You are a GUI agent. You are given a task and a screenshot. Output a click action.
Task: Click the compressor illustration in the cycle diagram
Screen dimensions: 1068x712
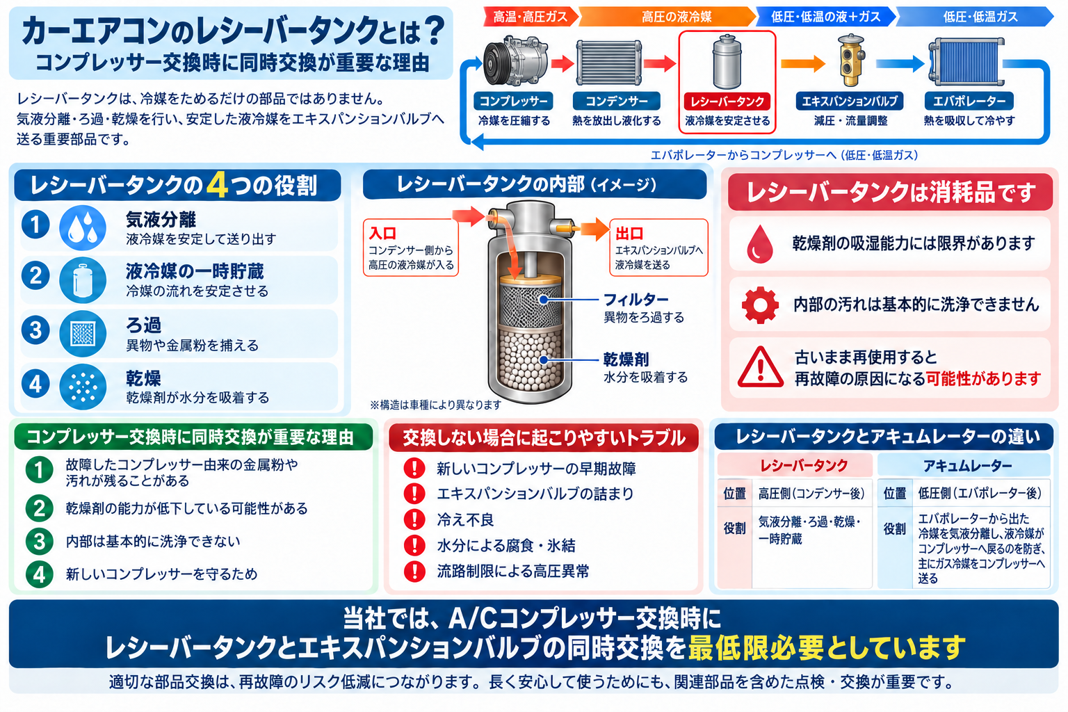(x=515, y=62)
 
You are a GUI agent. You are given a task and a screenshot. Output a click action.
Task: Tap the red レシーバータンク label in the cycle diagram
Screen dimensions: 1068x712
(x=727, y=101)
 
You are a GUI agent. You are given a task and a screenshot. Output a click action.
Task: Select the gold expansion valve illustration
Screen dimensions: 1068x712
(x=851, y=60)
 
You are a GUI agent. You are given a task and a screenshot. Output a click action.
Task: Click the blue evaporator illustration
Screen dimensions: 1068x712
(x=966, y=62)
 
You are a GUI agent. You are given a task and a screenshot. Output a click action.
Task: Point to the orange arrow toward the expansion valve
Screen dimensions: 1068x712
(x=803, y=63)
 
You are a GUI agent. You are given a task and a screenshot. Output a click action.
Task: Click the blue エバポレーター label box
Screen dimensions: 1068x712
(x=969, y=101)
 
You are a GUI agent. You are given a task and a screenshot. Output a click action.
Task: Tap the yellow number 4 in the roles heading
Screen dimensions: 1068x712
(x=217, y=185)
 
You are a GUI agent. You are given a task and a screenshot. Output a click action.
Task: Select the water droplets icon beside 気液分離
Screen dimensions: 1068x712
(x=83, y=227)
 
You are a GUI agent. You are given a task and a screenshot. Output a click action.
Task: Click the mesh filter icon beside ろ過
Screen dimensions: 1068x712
(x=83, y=333)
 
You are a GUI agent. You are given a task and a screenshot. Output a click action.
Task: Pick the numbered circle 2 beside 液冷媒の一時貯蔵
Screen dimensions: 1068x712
(x=35, y=276)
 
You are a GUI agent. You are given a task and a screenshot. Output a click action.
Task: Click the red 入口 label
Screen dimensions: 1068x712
(x=382, y=233)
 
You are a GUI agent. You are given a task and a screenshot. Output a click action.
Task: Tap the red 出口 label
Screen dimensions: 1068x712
(x=629, y=233)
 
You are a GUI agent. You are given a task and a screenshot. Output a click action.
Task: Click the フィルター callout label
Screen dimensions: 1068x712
(x=636, y=300)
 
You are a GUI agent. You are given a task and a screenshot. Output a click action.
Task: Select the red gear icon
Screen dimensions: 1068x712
(x=760, y=305)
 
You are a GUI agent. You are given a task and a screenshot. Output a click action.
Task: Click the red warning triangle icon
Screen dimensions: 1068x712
(x=761, y=367)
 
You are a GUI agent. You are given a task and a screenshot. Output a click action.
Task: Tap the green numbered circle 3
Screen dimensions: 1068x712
(x=39, y=541)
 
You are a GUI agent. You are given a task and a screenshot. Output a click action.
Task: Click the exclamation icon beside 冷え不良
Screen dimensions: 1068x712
(x=414, y=519)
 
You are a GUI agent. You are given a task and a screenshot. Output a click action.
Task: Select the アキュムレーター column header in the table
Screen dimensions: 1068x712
(x=967, y=465)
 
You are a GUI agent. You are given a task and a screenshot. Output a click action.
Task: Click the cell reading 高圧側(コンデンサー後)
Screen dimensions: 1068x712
(x=811, y=494)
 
